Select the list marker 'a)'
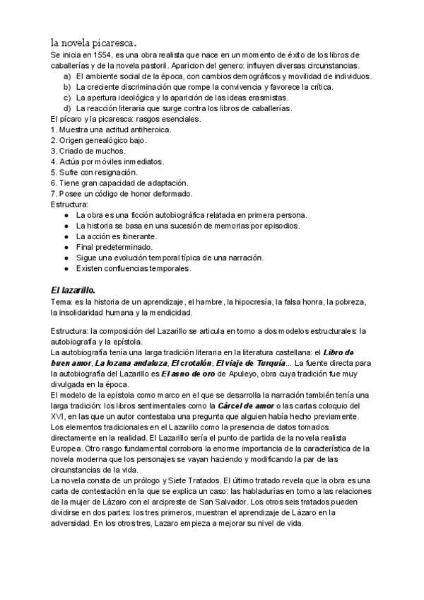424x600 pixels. click(x=66, y=76)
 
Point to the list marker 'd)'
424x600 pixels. click(x=66, y=108)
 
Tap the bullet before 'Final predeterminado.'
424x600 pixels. click(x=66, y=247)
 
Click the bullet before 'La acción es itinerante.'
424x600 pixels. click(x=66, y=236)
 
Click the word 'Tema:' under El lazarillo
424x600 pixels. click(x=62, y=301)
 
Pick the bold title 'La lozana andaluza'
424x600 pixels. click(x=125, y=363)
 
